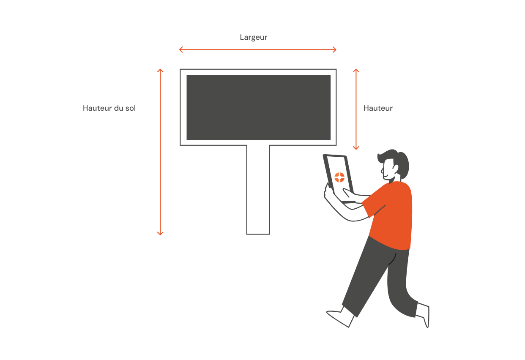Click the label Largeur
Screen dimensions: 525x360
pyautogui.click(x=253, y=38)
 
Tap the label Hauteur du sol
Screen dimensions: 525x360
pyautogui.click(x=109, y=108)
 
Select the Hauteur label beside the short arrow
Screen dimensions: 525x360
pyautogui.click(x=378, y=108)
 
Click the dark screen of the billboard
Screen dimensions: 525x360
pyautogui.click(x=259, y=107)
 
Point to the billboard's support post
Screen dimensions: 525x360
pyautogui.click(x=258, y=190)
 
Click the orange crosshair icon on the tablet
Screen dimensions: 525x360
pyautogui.click(x=339, y=177)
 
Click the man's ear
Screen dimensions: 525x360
pyautogui.click(x=396, y=169)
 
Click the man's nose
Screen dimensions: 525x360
pyautogui.click(x=382, y=170)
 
